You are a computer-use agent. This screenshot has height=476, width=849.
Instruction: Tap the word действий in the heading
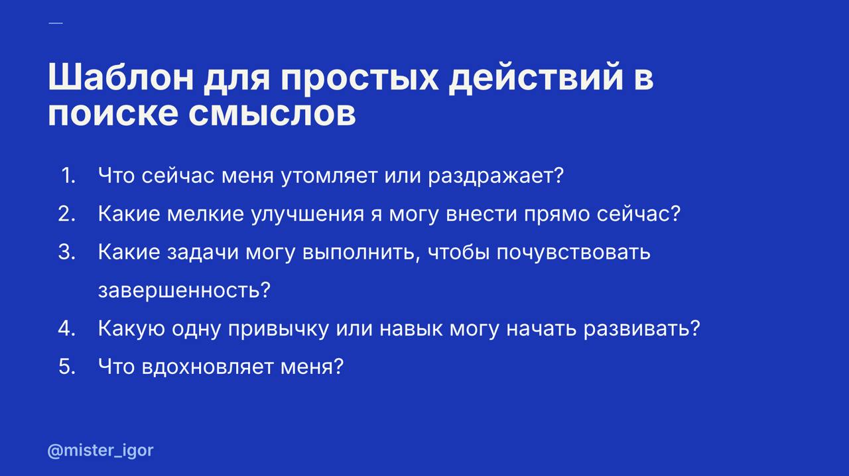pyautogui.click(x=536, y=78)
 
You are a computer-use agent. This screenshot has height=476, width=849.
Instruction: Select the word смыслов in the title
pyautogui.click(x=272, y=114)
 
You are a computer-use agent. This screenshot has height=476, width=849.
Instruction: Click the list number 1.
pyautogui.click(x=68, y=176)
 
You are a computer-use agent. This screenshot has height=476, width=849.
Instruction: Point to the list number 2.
pyautogui.click(x=67, y=214)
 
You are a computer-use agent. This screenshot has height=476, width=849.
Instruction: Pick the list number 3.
pyautogui.click(x=67, y=253)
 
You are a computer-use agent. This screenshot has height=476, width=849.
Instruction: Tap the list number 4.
pyautogui.click(x=67, y=329)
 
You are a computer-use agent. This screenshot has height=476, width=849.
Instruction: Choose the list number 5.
pyautogui.click(x=67, y=367)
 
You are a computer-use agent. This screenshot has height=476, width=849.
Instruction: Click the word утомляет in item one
pyautogui.click(x=332, y=176)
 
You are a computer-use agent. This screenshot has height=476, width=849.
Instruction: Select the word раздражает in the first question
pyautogui.click(x=495, y=176)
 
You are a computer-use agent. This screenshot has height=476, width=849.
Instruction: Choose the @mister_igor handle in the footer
pyautogui.click(x=100, y=451)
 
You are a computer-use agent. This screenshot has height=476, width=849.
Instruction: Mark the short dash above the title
pyautogui.click(x=56, y=23)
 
